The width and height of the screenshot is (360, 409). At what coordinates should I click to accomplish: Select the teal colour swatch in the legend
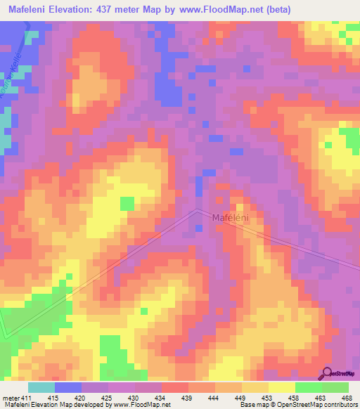coord(41,387)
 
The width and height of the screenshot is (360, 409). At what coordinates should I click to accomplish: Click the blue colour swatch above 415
coord(68,387)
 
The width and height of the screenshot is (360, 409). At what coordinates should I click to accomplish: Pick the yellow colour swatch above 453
coord(282,387)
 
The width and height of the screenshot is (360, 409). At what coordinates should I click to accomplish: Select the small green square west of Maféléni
coord(127,204)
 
